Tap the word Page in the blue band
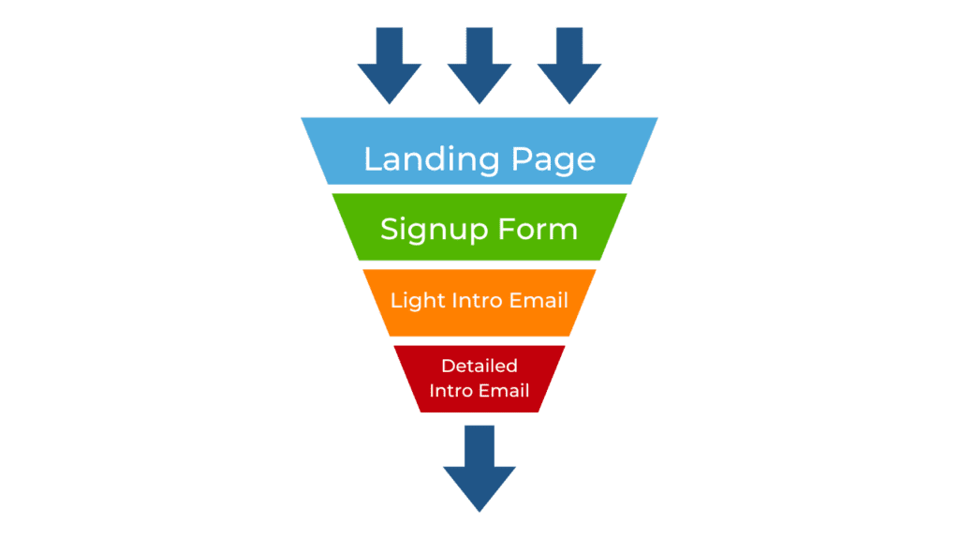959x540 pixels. click(553, 159)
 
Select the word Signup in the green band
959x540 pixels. click(432, 230)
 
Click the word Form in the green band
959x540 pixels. click(542, 229)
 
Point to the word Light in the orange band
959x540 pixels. click(411, 301)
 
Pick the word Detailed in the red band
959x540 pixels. click(479, 366)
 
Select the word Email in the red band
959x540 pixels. click(504, 390)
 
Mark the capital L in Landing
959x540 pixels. click(372, 158)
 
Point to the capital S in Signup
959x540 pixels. click(389, 229)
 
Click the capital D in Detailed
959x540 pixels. click(448, 366)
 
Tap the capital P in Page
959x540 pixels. click(521, 158)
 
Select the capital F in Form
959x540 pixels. click(515, 229)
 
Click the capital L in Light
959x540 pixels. click(395, 301)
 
